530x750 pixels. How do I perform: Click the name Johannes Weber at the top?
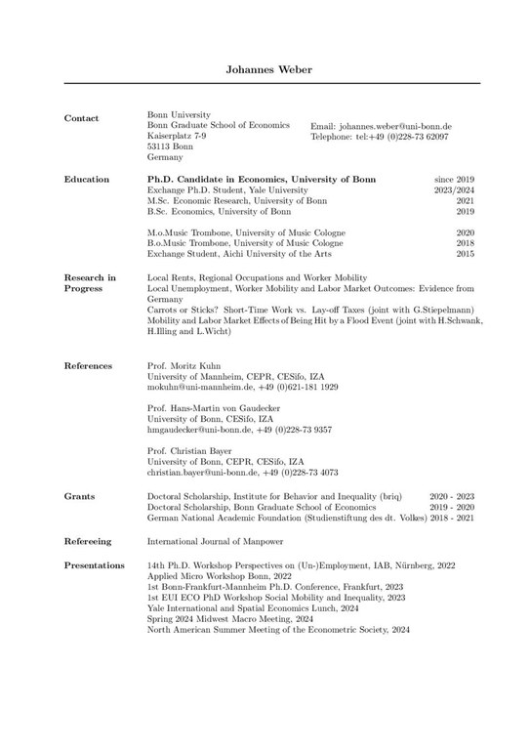click(x=265, y=71)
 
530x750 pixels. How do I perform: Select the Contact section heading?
click(x=81, y=118)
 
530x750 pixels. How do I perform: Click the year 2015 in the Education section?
click(x=465, y=253)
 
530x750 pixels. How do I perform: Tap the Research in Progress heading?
click(x=90, y=283)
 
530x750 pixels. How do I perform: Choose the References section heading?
click(x=89, y=365)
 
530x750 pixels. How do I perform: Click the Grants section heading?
click(x=79, y=496)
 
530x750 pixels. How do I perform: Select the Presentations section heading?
click(x=94, y=565)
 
